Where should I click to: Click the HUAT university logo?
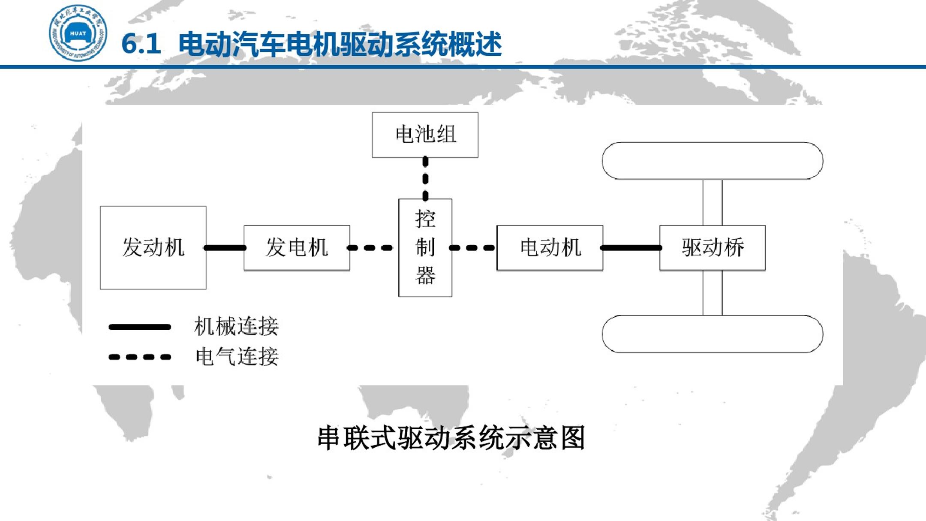tap(78, 33)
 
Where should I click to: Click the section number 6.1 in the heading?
tap(141, 44)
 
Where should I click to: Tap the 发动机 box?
tap(153, 247)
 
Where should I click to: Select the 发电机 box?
tap(297, 248)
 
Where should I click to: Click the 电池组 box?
tap(425, 135)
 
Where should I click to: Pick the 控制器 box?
tap(425, 247)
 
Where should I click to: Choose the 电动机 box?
tap(550, 248)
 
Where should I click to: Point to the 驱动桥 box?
tap(712, 248)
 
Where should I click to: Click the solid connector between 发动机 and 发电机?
tap(225, 248)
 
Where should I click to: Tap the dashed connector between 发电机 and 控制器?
tap(370, 248)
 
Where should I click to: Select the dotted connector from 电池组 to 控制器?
tap(425, 178)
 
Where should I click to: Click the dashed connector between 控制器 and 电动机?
tap(472, 248)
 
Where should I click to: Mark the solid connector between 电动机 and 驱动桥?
tap(631, 248)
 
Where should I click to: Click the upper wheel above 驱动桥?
tap(712, 161)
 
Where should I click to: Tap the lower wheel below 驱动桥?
tap(712, 334)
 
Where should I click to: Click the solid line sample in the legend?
tap(140, 327)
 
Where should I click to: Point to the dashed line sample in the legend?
tap(140, 357)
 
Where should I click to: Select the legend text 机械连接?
tap(236, 326)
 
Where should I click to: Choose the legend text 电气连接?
tap(237, 357)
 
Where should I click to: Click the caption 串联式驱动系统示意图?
tap(451, 438)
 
